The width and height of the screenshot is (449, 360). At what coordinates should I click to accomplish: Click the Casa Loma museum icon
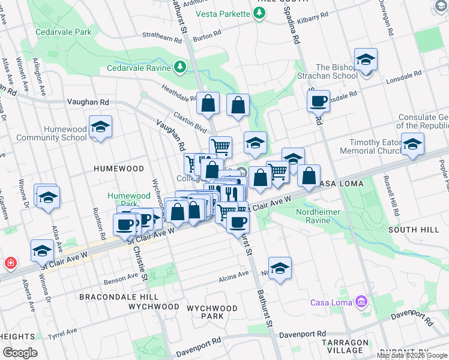(361, 301)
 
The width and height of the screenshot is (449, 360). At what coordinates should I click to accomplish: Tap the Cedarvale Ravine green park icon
(179, 67)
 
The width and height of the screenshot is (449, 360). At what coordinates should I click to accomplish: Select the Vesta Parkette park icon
(259, 13)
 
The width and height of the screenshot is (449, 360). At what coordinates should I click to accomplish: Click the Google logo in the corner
(20, 352)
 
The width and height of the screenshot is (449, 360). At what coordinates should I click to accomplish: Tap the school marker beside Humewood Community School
(101, 127)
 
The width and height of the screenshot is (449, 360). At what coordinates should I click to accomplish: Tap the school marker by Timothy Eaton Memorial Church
(412, 144)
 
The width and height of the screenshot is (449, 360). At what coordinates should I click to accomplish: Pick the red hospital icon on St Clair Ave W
(10, 263)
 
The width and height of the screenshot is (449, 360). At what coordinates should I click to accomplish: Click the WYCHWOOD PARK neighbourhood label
(205, 312)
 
